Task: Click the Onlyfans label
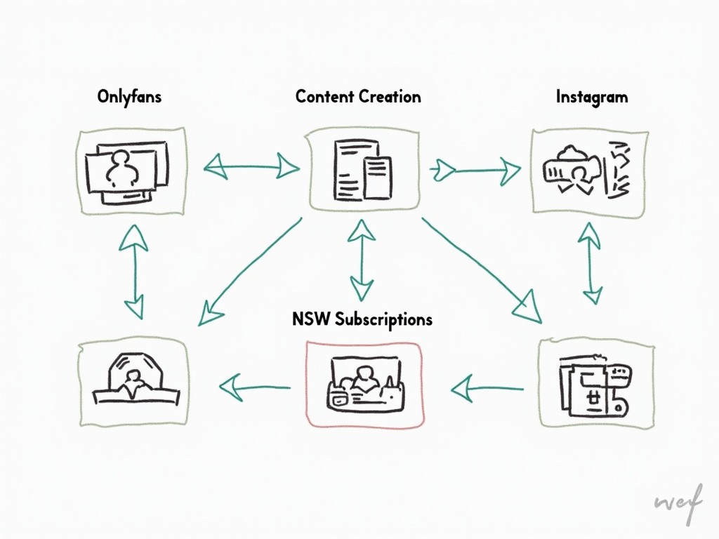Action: [x=129, y=97]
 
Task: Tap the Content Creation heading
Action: [x=358, y=97]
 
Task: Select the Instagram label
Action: [x=591, y=97]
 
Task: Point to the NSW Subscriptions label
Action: [x=362, y=319]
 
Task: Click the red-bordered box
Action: [x=365, y=384]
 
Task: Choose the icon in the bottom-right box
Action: [x=593, y=385]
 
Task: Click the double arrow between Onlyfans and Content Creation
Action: [x=251, y=167]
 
